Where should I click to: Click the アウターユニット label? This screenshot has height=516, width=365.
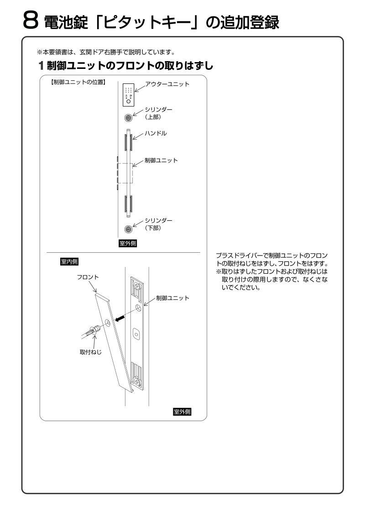[x=167, y=84]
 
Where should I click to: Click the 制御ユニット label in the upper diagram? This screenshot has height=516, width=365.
[x=161, y=160]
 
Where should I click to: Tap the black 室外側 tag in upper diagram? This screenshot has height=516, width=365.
[x=128, y=243]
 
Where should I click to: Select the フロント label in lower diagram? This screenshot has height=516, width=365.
[x=88, y=277]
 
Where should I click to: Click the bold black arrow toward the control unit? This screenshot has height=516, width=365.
[x=120, y=319]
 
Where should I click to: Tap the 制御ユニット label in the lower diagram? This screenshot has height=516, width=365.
[x=172, y=297]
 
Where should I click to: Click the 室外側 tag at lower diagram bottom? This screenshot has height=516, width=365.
[x=182, y=412]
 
